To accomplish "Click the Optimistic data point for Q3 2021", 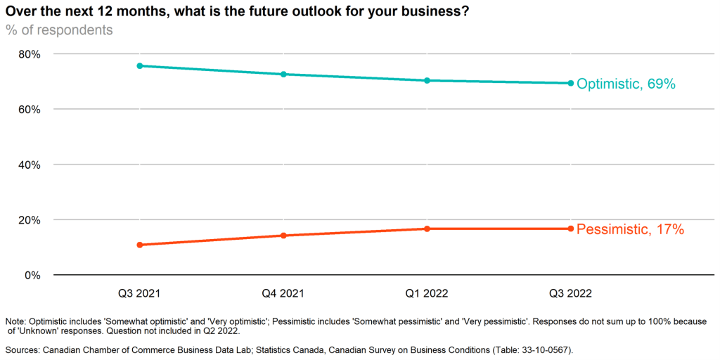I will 140,65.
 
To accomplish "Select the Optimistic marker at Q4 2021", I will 283,74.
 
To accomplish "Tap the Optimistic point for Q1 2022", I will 427,80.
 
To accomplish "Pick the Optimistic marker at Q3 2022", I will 570,83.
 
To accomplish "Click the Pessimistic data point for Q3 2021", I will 140,245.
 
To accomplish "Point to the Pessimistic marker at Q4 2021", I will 283,236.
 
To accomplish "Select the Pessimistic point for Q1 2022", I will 427,229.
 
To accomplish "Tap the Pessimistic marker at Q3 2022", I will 570,229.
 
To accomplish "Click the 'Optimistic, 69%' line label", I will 626,84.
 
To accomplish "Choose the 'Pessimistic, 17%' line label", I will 630,229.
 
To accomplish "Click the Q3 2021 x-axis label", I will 140,293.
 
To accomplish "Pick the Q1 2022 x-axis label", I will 427,293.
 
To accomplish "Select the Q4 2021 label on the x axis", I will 283,293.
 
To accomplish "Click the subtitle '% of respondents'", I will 59,30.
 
